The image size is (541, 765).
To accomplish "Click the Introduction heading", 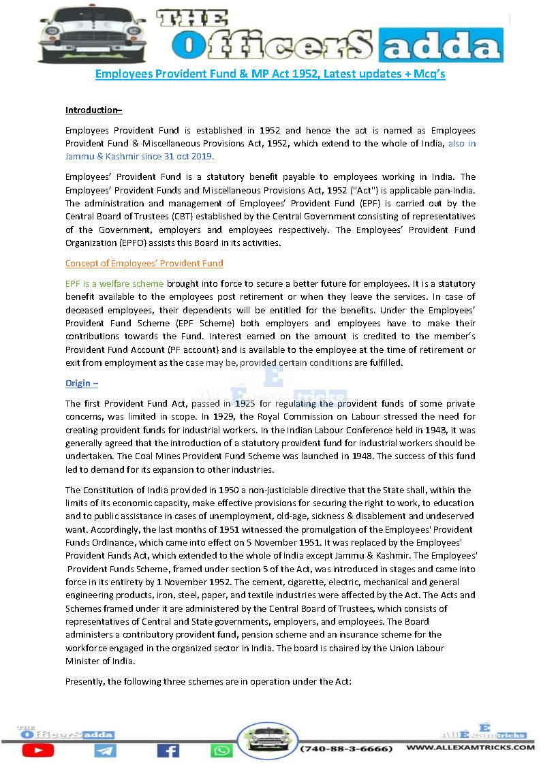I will point(93,110).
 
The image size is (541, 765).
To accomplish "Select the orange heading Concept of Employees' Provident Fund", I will point(144,263).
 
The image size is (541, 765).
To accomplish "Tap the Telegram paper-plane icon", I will point(106,750).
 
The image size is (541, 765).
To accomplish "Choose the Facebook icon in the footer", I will point(168,750).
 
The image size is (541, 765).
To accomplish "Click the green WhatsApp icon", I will point(221,750).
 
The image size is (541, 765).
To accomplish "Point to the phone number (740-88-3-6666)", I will point(346,749).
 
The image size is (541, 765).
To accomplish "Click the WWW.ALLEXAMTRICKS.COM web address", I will point(470,748).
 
